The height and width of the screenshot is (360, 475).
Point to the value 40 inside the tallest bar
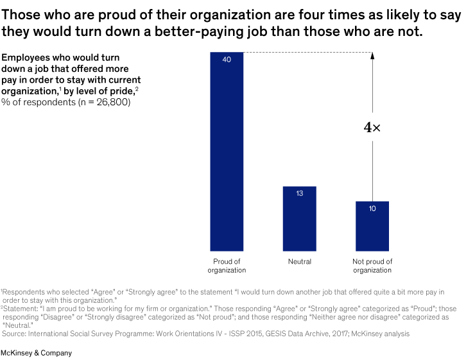point(227,59)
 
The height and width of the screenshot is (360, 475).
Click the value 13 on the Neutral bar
point(300,193)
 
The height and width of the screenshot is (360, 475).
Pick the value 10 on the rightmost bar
point(372,209)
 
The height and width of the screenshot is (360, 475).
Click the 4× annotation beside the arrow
point(372,128)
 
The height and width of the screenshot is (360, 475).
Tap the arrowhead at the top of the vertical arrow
point(372,57)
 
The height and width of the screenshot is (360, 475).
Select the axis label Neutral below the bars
point(300,262)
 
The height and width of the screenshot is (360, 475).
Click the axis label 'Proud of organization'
point(227,266)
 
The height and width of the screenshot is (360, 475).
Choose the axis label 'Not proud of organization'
point(372,266)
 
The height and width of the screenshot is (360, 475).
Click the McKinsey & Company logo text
point(36,353)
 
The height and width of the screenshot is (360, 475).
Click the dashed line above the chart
point(308,52)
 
